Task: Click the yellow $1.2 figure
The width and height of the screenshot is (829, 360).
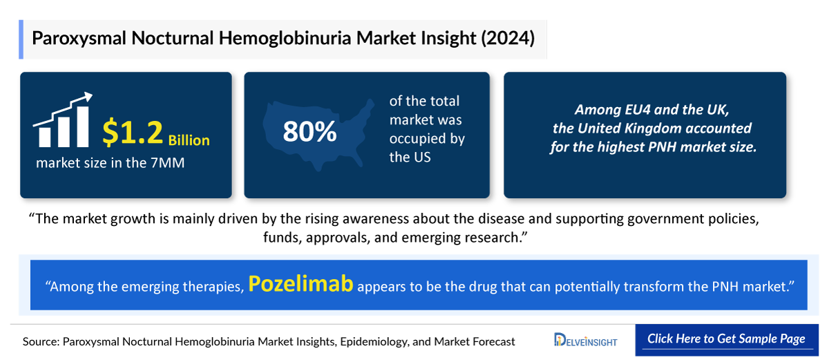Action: [133, 132]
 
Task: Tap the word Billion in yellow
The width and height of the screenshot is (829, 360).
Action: [189, 140]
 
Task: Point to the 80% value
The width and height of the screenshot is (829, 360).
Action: [309, 132]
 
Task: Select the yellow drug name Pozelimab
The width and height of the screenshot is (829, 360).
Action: [301, 283]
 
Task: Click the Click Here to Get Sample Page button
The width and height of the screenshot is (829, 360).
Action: [726, 339]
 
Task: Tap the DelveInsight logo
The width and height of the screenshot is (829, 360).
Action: [586, 341]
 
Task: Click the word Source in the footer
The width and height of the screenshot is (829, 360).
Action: [41, 341]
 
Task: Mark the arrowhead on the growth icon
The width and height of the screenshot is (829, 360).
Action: [87, 98]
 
